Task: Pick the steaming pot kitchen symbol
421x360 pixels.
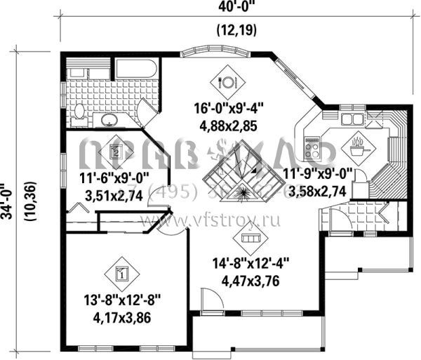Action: coord(357,147)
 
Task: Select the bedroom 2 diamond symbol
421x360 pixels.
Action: coord(115,150)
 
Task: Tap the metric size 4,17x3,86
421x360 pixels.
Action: coord(120,317)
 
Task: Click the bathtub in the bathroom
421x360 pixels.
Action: coord(137,70)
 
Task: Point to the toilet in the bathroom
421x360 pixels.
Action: coord(79,112)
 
